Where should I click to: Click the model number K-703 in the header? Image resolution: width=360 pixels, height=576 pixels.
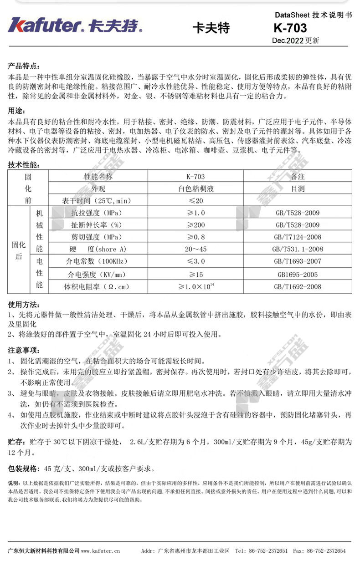[x=290, y=28]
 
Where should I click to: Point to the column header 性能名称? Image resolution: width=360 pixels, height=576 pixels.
[x=98, y=177]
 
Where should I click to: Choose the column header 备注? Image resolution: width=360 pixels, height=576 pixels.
[x=298, y=177]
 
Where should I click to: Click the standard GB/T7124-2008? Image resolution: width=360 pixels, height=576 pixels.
[x=298, y=237]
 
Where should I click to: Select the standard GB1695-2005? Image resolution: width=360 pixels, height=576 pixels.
[x=298, y=275]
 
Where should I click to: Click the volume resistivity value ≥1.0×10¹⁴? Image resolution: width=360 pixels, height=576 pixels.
[x=196, y=286]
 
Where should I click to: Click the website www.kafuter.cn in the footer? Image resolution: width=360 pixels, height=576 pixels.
[x=101, y=551]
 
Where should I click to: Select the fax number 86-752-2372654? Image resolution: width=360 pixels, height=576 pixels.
[x=326, y=551]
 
